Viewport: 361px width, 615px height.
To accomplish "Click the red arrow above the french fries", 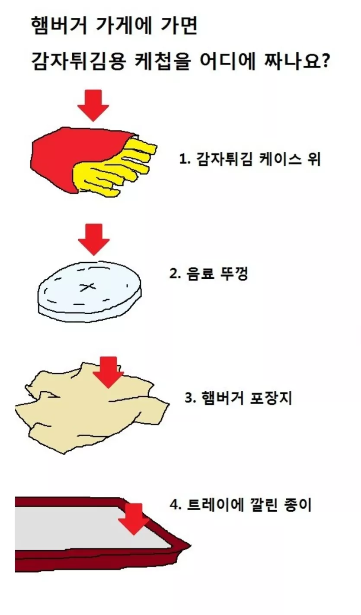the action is coord(93,105).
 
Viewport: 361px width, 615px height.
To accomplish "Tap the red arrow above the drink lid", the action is coord(94,239).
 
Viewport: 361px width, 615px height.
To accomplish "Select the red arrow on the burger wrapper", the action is coord(109,372).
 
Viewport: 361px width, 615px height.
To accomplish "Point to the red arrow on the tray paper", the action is coord(134,519).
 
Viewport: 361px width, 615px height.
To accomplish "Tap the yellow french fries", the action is coord(115,167).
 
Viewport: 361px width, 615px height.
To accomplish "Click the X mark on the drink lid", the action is coord(88,287).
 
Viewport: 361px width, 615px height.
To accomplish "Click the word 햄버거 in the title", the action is coord(59,26).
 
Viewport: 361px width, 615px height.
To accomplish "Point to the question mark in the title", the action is coord(325,61).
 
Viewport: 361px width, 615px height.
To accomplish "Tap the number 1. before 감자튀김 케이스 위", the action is coord(185,159).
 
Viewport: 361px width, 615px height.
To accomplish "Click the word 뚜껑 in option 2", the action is coord(234,274).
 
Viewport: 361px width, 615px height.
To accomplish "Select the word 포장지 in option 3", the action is coord(271,398).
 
